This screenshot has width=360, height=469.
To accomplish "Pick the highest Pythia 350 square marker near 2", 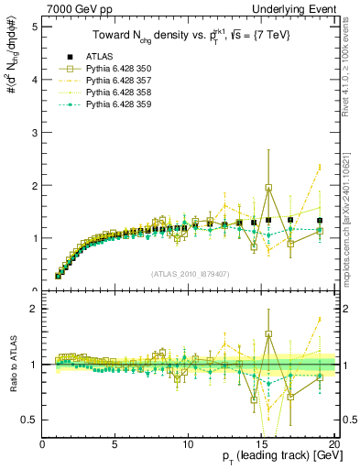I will pos(268,188).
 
